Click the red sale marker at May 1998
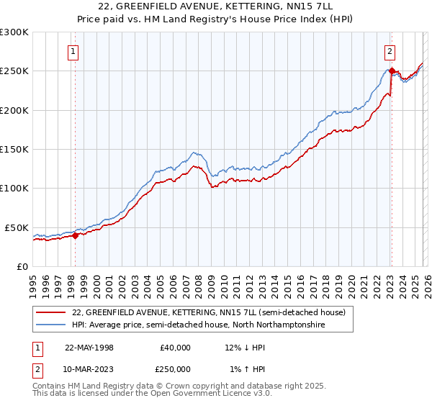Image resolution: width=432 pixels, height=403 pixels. click(x=75, y=235)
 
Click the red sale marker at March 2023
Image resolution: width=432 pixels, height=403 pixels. click(x=391, y=71)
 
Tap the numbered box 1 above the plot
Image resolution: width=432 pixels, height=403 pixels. click(x=74, y=51)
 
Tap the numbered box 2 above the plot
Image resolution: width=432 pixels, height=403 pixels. click(x=390, y=51)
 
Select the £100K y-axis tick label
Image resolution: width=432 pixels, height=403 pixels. click(x=14, y=188)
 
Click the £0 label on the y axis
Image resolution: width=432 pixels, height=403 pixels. click(x=22, y=266)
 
